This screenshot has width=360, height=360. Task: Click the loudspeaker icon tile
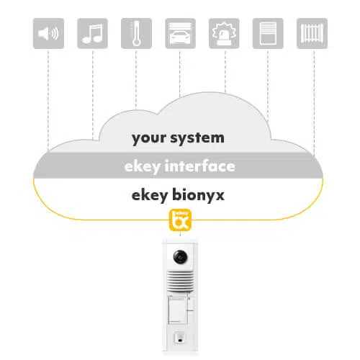48,33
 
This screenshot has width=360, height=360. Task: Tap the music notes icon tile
92,33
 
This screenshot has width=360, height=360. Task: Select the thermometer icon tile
136,33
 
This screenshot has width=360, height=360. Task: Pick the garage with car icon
180,33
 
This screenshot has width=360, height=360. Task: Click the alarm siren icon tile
224,33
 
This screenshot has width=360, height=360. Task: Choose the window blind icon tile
268,33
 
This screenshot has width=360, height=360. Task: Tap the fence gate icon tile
312,33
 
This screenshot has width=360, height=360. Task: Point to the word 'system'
197,138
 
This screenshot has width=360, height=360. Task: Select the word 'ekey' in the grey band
143,167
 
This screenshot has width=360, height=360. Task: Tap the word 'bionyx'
198,195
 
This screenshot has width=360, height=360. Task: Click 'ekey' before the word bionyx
150,195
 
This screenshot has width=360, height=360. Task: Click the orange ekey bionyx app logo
180,220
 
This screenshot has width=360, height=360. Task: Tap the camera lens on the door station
181,257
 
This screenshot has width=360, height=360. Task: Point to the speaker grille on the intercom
180,281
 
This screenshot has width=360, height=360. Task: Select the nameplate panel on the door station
178,310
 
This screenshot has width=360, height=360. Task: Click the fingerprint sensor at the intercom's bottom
179,338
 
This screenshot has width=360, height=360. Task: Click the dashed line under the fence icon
315,102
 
